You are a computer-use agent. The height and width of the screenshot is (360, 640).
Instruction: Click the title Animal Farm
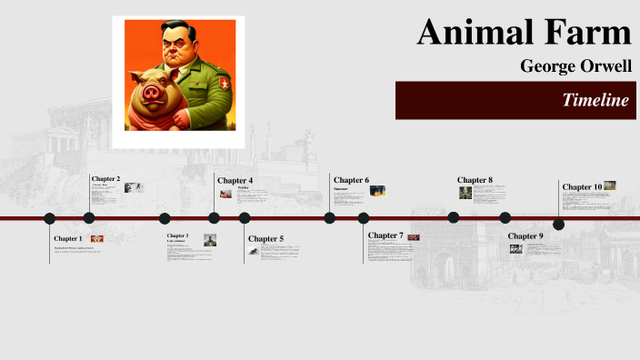click(524, 33)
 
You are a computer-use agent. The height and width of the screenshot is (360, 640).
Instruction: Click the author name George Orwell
click(575, 65)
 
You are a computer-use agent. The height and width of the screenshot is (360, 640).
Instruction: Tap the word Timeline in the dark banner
click(595, 100)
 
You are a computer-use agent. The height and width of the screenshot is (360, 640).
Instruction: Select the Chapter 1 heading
click(67, 238)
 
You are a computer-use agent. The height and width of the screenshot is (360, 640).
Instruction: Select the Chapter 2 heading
click(105, 179)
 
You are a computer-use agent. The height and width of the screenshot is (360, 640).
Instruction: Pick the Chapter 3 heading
click(177, 235)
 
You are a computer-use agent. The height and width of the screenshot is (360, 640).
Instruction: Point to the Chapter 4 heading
click(235, 180)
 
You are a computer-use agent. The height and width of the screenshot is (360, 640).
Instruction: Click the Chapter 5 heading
click(265, 239)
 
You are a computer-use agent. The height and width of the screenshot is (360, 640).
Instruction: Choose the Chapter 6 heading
click(351, 180)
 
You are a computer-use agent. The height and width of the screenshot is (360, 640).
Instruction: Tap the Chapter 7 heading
click(385, 235)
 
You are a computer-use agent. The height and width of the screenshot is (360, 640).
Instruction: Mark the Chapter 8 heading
click(475, 180)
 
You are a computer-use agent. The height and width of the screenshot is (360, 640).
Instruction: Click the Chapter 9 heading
click(525, 235)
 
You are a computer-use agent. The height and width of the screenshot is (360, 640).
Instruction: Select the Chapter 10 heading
click(582, 186)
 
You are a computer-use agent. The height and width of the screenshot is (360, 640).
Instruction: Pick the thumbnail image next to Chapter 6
click(377, 190)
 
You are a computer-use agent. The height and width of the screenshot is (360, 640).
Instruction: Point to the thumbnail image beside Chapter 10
click(609, 185)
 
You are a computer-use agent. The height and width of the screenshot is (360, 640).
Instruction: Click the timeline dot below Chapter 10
click(558, 225)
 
